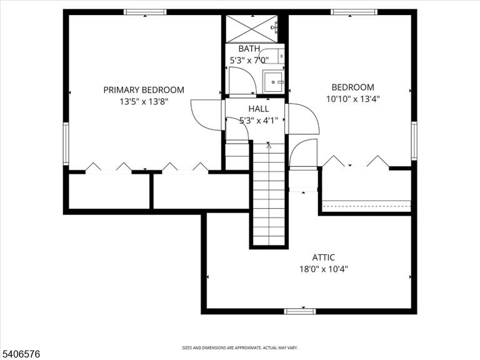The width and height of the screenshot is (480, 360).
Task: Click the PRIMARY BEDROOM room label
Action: tap(144, 90)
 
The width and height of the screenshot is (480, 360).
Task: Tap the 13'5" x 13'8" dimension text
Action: tap(144, 102)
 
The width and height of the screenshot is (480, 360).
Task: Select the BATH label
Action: tap(249, 49)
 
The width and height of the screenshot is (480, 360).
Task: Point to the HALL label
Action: tap(259, 109)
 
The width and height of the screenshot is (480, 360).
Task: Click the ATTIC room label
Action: tap(324, 257)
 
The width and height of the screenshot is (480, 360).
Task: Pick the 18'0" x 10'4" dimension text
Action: tap(324, 269)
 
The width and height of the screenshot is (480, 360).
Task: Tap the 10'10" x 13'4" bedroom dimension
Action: tap(353, 99)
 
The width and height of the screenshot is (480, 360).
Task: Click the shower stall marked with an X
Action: tap(252, 29)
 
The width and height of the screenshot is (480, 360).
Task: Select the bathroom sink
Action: tap(273, 82)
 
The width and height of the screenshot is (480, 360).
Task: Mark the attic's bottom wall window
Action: tap(300, 311)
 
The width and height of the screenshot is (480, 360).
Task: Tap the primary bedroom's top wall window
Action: tap(145, 12)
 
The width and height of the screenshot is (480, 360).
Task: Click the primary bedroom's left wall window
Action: tap(66, 144)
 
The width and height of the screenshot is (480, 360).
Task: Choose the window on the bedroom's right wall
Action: tap(414, 141)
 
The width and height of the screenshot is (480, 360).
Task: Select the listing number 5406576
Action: tap(20, 354)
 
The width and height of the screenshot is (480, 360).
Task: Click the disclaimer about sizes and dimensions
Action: tap(240, 347)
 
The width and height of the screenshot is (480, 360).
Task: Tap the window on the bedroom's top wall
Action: tap(354, 12)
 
